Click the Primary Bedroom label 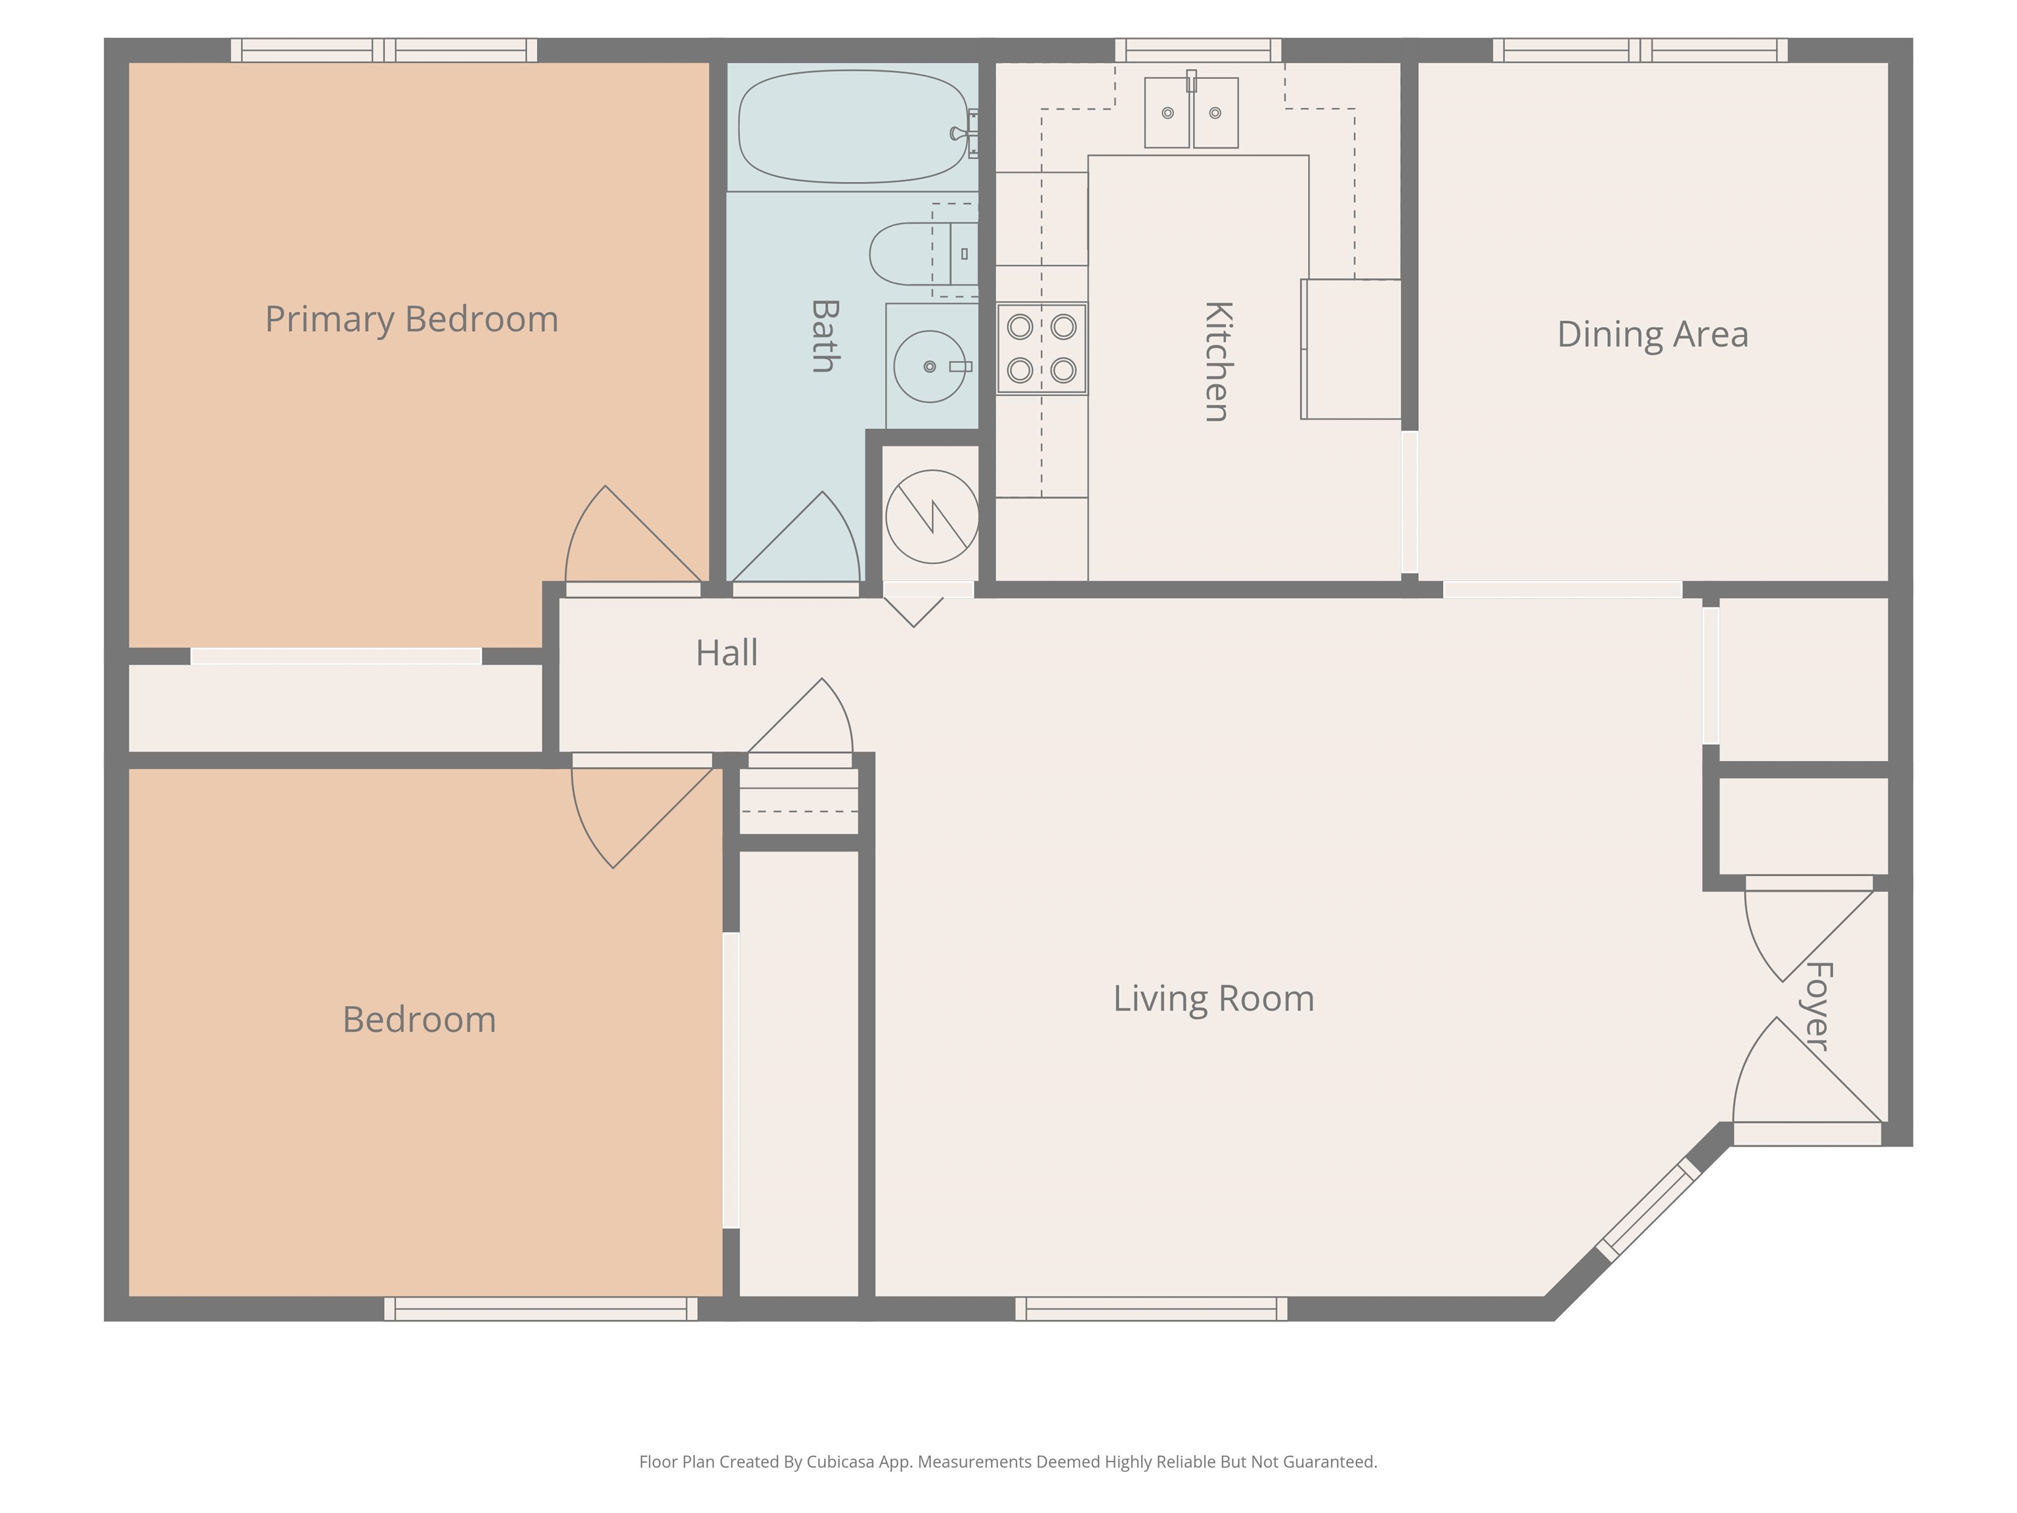[411, 320]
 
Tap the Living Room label [1213, 999]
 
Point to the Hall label [727, 653]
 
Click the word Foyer [1818, 1007]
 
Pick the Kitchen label [1218, 361]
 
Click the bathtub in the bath [854, 127]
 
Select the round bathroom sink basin [929, 366]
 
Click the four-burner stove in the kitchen [1041, 349]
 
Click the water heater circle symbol [932, 517]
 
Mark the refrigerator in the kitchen [1351, 349]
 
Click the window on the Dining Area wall [1640, 50]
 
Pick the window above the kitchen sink [1198, 50]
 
